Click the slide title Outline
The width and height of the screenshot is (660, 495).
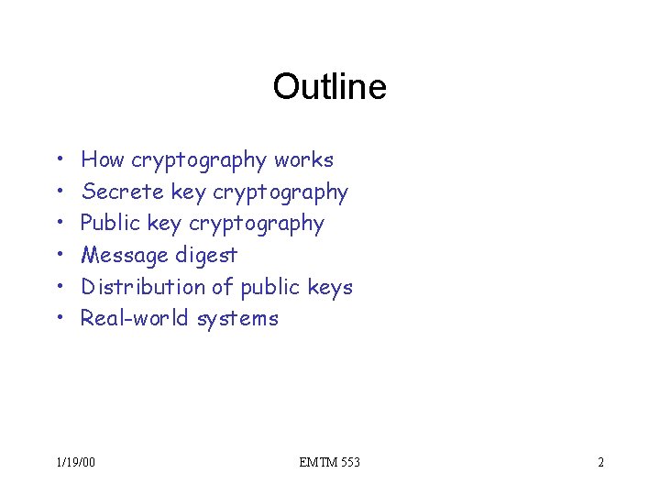click(x=329, y=87)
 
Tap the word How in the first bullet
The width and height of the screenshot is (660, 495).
click(x=103, y=160)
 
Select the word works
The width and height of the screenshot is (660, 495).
click(x=303, y=160)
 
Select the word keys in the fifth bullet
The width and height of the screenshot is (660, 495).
click(x=330, y=287)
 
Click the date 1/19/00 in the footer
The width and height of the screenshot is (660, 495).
click(x=75, y=462)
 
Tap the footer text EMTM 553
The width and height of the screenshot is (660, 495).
click(x=329, y=462)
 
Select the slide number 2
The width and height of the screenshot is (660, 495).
click(x=600, y=462)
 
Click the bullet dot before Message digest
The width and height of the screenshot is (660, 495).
click(x=58, y=255)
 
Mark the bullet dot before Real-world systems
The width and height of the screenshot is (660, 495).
click(x=58, y=318)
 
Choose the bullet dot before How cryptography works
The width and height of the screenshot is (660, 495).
click(x=58, y=160)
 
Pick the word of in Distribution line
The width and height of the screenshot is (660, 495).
click(x=223, y=287)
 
